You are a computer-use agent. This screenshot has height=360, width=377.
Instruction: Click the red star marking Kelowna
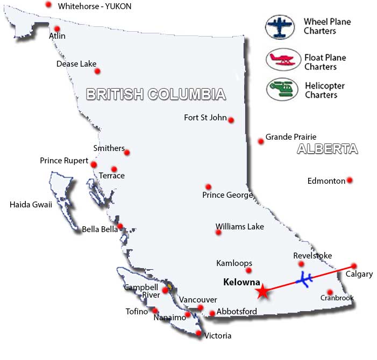(262, 292)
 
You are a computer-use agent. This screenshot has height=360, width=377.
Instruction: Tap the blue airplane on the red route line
(305, 280)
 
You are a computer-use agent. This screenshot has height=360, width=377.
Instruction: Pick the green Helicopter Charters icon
(282, 88)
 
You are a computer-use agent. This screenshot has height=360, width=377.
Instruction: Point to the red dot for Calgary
(354, 265)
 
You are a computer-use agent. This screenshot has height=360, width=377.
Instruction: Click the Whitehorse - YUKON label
(95, 6)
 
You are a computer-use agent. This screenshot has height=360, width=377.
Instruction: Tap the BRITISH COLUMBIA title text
(155, 95)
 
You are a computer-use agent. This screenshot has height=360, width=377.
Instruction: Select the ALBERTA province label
(327, 149)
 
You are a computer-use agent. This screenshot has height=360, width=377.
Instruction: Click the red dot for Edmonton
(350, 180)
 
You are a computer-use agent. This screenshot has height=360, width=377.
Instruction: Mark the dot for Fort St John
(231, 120)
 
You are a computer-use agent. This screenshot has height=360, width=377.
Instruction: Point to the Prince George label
(227, 195)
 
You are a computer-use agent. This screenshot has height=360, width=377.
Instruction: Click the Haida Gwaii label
(31, 204)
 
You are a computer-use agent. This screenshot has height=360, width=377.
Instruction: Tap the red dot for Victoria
(199, 334)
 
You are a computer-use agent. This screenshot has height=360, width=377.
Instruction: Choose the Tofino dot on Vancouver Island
(155, 310)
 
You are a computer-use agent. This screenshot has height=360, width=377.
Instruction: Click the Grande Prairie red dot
(261, 141)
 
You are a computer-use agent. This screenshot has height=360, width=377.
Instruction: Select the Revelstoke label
(312, 256)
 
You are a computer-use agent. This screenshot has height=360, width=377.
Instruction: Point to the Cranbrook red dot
(330, 292)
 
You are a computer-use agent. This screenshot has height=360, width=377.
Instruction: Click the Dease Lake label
(76, 64)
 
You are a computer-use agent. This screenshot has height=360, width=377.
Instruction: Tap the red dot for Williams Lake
(218, 232)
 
